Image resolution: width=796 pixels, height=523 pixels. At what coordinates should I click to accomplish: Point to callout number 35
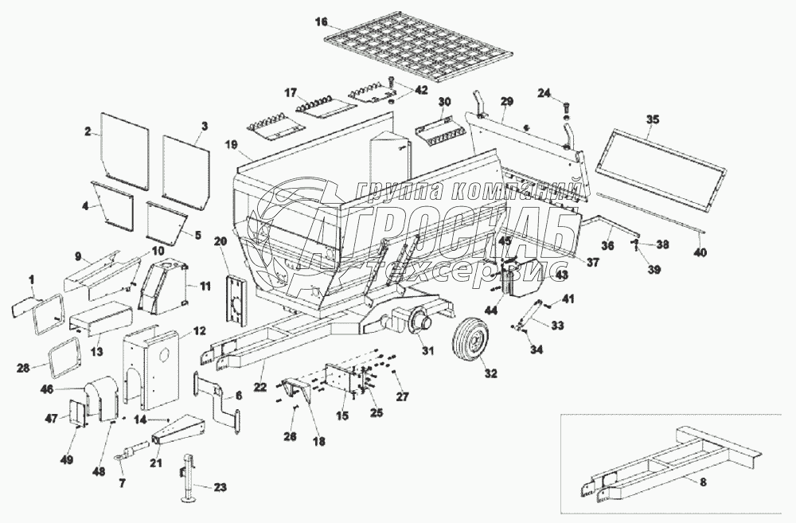pyautogui.click(x=653, y=120)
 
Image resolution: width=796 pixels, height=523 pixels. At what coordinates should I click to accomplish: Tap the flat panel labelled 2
pyautogui.click(x=124, y=150)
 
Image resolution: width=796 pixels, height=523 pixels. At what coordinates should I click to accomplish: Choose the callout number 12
pyautogui.click(x=198, y=330)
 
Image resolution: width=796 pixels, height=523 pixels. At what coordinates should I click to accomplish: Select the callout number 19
pyautogui.click(x=232, y=145)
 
